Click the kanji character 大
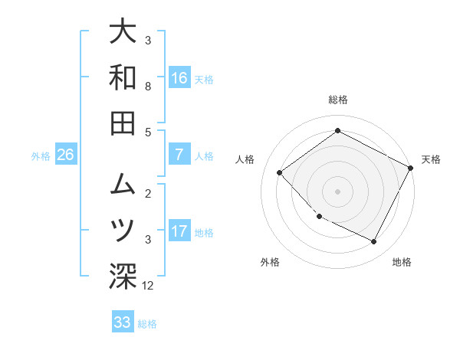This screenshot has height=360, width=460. pos(123,33)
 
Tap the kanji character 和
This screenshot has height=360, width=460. pos(123,77)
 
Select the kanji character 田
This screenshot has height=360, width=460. pos(123,123)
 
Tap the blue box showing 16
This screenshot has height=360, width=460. pos(179,77)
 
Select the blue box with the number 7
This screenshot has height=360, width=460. pos(179,154)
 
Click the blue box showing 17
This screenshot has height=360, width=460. pos(179,231)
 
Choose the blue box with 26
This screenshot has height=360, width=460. pos(66,155)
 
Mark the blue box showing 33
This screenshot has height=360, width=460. pos(123,322)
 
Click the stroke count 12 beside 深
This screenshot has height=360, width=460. pos(148,286)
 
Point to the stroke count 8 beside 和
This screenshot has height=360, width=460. pos(148,87)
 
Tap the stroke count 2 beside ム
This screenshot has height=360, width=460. pos(148,193)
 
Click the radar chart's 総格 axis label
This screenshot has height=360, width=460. pos(338,100)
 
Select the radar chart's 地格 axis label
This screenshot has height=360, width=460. pos(402,262)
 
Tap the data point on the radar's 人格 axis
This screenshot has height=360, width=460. pos(280,173)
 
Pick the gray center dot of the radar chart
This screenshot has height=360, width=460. pos(338,191)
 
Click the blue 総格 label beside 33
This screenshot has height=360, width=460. pos(147,324)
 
